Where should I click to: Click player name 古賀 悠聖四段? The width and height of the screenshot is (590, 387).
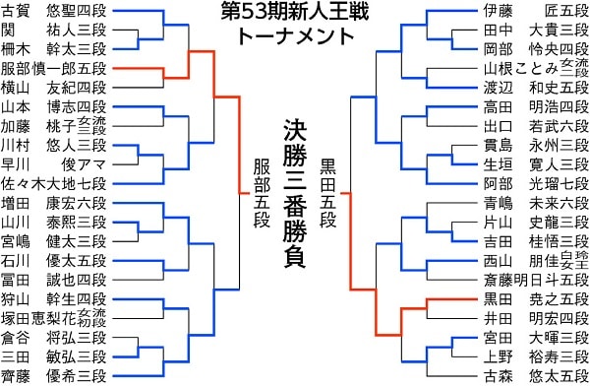pos(55,12)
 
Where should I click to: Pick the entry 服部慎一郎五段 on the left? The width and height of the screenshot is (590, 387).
pos(55,68)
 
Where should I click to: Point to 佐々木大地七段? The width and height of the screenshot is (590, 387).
pos(55,182)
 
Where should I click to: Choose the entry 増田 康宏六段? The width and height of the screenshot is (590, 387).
pos(55,202)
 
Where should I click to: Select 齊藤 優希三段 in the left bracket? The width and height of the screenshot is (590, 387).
pos(55,374)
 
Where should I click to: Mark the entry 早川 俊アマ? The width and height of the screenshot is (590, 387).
pos(55,163)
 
